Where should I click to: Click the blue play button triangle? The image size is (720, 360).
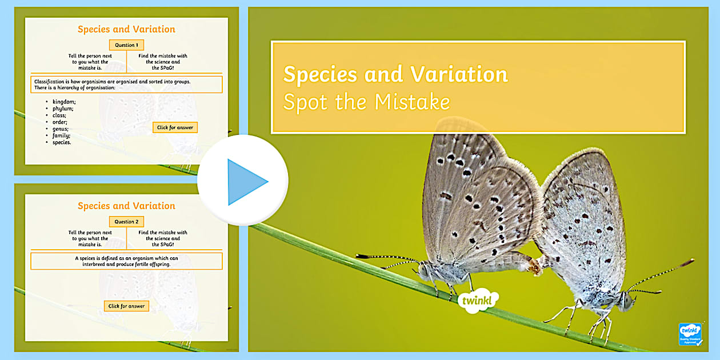pos(246,182)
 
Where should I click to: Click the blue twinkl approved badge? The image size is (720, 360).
pos(690,334)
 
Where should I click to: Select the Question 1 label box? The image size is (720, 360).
pos(126,45)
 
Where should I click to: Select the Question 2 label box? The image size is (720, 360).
pos(126,222)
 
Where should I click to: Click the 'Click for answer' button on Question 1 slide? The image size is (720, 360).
pos(175,127)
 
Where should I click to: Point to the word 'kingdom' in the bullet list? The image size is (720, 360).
pos(63,102)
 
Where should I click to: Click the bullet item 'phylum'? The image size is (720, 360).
pos(62,109)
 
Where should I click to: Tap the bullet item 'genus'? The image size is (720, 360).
pos(61,129)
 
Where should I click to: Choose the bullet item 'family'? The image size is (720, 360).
pos(61,135)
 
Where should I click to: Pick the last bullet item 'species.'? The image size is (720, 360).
pos(62,142)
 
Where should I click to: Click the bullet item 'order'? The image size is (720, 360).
pos(60,122)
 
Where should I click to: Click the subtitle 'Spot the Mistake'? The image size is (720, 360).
pos(366,102)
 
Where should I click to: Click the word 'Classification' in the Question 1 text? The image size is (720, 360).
pos(51,81)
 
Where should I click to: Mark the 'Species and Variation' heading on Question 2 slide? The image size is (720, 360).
pos(126,206)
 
